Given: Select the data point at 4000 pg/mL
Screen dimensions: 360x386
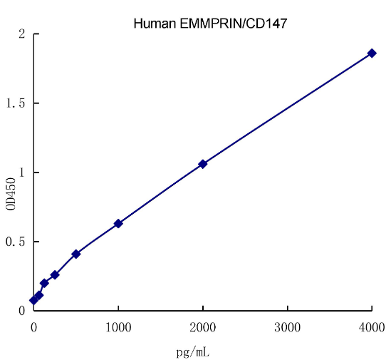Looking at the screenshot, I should click(x=372, y=53).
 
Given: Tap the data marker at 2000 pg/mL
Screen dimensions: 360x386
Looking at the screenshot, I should click(x=203, y=164).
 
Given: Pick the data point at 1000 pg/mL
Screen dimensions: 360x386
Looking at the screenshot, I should click(x=118, y=223).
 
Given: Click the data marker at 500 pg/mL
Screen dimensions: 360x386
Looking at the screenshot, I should click(x=76, y=254).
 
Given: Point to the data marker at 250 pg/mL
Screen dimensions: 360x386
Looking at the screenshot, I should click(x=55, y=274).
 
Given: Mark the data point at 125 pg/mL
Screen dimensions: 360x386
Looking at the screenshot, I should click(x=44, y=283).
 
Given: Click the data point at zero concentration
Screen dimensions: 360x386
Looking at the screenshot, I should click(x=33, y=300).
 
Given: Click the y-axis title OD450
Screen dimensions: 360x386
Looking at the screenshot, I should click(x=11, y=193).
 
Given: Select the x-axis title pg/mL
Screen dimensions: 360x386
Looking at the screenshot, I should click(x=192, y=351).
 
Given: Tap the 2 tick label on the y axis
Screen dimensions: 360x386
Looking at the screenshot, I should click(x=22, y=34).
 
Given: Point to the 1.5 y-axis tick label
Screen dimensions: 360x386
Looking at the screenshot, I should click(x=16, y=103).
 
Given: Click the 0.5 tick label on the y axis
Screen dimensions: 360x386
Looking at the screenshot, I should click(x=16, y=242).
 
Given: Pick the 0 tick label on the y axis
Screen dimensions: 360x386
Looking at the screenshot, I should click(x=22, y=311).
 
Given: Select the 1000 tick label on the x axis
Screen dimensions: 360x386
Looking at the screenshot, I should click(x=118, y=327).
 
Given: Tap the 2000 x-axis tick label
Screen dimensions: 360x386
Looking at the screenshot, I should click(x=203, y=327).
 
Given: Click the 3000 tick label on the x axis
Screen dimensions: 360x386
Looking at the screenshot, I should click(x=288, y=327).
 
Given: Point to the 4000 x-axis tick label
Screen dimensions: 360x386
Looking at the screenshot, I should click(x=372, y=327).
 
